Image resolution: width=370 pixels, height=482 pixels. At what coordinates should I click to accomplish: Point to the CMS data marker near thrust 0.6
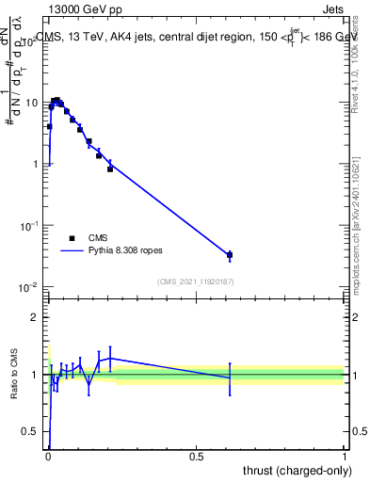tap(230, 255)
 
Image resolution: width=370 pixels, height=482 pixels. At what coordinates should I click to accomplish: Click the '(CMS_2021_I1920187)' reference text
tap(195, 281)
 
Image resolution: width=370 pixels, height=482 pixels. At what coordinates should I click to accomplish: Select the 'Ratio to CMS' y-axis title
tap(13, 374)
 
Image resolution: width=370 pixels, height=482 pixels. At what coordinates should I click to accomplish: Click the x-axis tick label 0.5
tap(196, 456)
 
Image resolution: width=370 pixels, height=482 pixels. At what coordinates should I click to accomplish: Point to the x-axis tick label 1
tap(346, 456)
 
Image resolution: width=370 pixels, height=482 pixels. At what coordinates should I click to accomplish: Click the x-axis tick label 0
tap(47, 456)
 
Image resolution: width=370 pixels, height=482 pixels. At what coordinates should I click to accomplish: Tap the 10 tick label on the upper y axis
tap(31, 102)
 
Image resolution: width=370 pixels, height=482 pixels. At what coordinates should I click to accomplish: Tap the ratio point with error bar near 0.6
tap(230, 378)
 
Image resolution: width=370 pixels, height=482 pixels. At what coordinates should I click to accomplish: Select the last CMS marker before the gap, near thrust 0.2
tap(110, 169)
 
